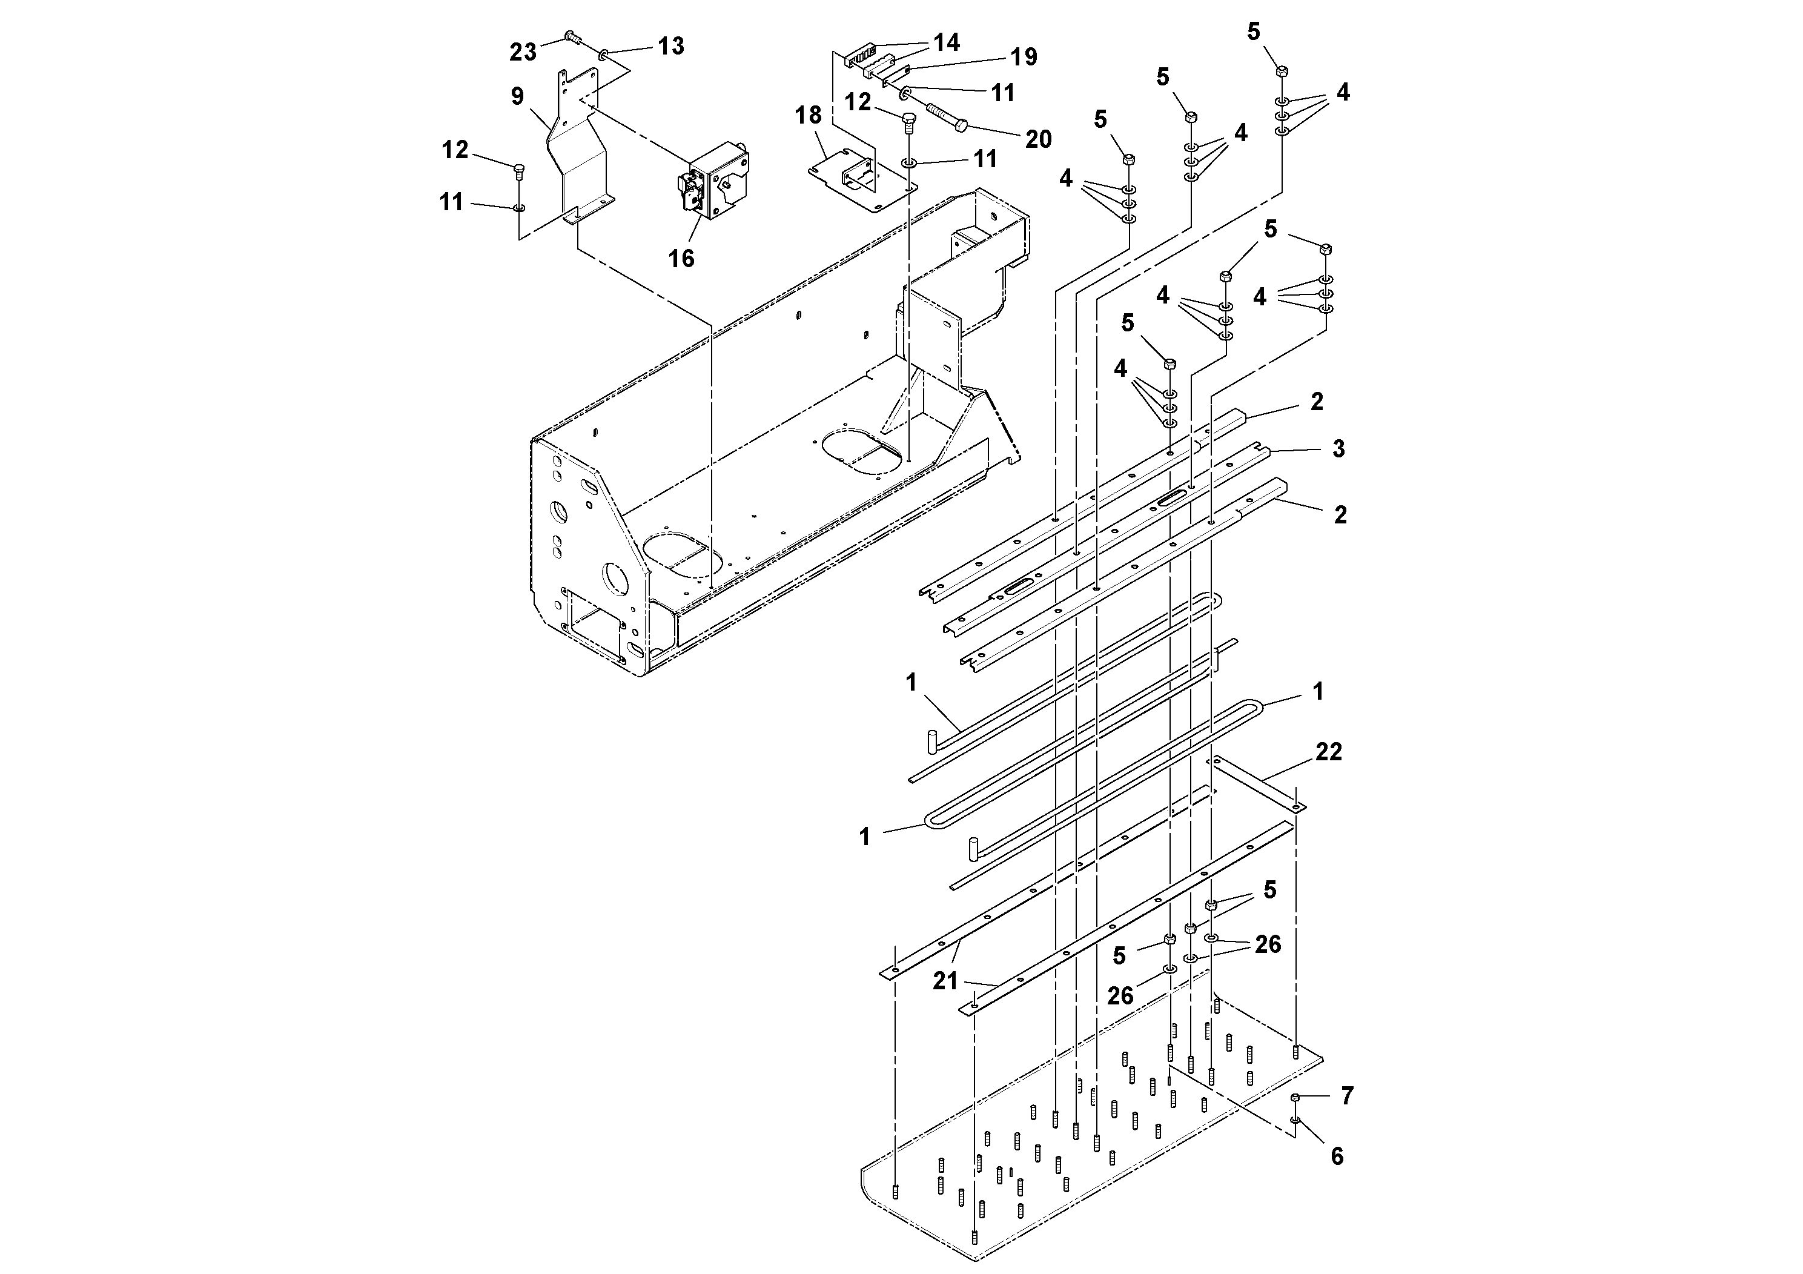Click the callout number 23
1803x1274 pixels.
pos(522,52)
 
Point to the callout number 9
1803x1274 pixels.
pos(517,96)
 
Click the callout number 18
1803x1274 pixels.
pos(807,116)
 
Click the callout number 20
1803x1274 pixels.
pos(1038,139)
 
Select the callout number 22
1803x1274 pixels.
pos(1328,752)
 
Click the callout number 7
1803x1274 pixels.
pos(1347,1096)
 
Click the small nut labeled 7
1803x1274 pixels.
pos(1295,1097)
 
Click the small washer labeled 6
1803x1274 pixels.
pos(1295,1120)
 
